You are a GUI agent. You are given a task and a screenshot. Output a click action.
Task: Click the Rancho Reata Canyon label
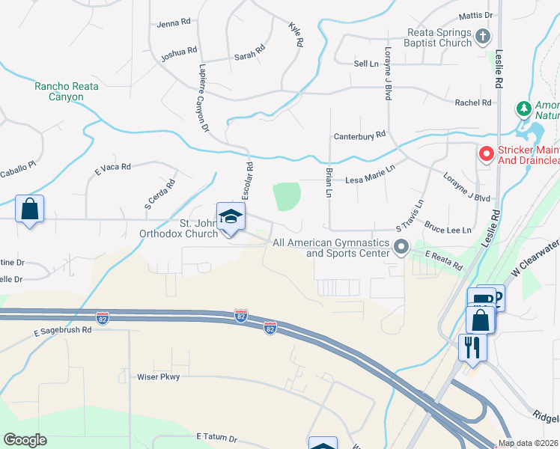(x=67, y=92)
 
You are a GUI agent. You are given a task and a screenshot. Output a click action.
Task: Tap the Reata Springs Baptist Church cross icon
(x=484, y=34)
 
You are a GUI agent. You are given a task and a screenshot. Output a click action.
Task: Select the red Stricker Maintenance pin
(x=486, y=154)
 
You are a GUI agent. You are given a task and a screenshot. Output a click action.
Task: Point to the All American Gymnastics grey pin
(x=401, y=245)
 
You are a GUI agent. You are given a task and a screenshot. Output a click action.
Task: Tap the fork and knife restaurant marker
(x=472, y=347)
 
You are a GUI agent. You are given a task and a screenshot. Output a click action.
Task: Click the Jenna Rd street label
(x=174, y=24)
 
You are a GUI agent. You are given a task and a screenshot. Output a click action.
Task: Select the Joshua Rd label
(x=179, y=54)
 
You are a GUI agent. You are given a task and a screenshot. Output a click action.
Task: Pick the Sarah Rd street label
(x=250, y=54)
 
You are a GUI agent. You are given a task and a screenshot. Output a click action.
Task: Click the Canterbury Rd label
(x=359, y=135)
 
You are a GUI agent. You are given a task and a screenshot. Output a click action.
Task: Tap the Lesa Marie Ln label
(x=369, y=180)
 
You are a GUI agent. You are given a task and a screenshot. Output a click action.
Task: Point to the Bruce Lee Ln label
(x=448, y=225)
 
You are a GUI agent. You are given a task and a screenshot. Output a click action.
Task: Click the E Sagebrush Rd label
(x=62, y=330)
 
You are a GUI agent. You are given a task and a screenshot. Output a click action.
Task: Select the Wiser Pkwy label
(x=159, y=377)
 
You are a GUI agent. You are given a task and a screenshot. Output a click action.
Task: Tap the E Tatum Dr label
(x=216, y=437)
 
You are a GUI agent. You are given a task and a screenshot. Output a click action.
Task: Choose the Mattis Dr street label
(x=476, y=16)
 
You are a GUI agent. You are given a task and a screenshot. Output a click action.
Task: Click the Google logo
(x=25, y=440)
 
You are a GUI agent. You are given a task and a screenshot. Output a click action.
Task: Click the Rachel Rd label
(x=473, y=103)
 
